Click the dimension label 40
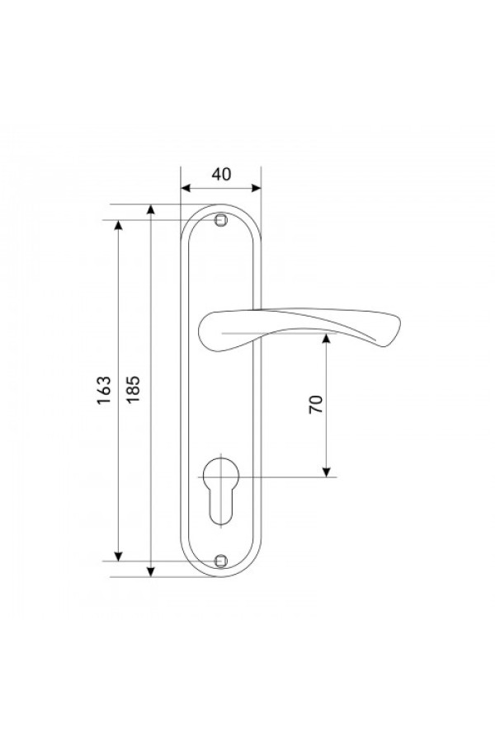221,174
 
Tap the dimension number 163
104,390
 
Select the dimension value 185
133,389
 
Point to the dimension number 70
315,404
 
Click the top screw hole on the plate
219,220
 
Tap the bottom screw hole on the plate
220,561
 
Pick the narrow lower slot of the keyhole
221,507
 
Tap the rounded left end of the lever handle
200,331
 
